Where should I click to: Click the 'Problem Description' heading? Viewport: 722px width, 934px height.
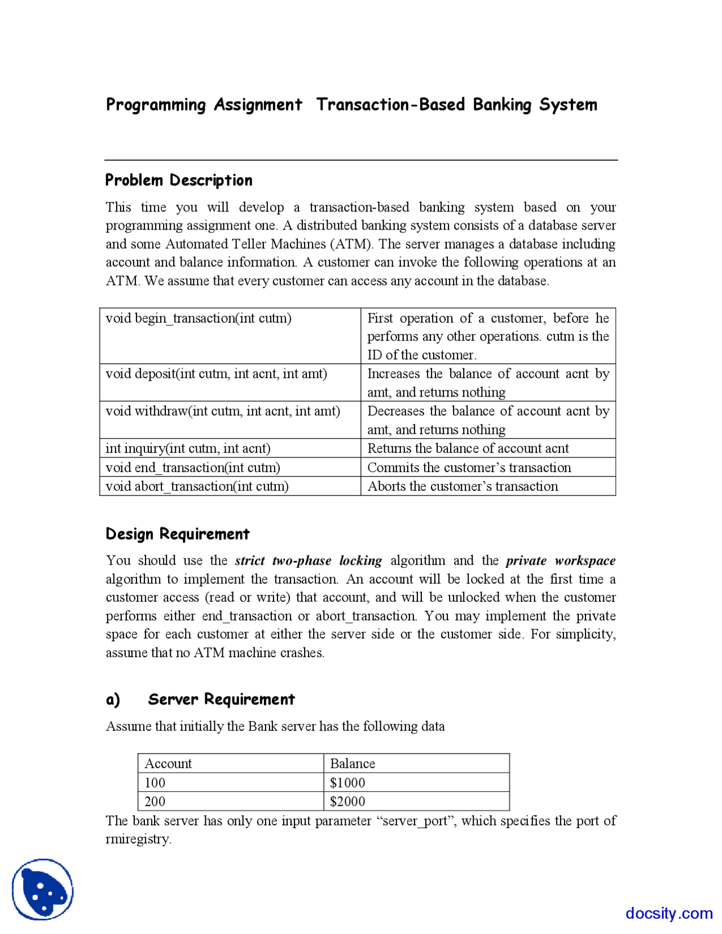pyautogui.click(x=179, y=180)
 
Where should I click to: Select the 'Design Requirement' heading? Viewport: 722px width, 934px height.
pyautogui.click(x=177, y=534)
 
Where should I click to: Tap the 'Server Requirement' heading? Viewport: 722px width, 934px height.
pyautogui.click(x=221, y=699)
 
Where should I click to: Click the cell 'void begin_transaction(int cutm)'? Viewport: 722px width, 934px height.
pyautogui.click(x=199, y=318)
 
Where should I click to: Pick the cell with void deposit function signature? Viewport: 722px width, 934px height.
pyautogui.click(x=216, y=373)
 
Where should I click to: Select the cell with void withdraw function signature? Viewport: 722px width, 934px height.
pyautogui.click(x=223, y=411)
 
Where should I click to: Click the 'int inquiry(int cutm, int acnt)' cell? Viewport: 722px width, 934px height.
pyautogui.click(x=188, y=448)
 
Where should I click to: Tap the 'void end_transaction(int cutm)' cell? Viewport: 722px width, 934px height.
pyautogui.click(x=193, y=468)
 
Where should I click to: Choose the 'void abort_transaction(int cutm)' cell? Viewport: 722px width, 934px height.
pyautogui.click(x=197, y=486)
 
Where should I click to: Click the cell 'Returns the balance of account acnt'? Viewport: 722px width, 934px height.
pyautogui.click(x=468, y=448)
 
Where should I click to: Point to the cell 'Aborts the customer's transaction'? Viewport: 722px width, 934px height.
pyautogui.click(x=463, y=486)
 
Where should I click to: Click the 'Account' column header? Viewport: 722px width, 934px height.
pyautogui.click(x=168, y=764)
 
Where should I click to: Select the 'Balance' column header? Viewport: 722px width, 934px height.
pyautogui.click(x=353, y=764)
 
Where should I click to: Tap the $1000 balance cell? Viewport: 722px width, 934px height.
pyautogui.click(x=347, y=783)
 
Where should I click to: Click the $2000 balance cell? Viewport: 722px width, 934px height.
pyautogui.click(x=347, y=801)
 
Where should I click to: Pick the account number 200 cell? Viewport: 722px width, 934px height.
pyautogui.click(x=155, y=801)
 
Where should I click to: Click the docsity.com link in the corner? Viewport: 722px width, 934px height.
pyautogui.click(x=669, y=913)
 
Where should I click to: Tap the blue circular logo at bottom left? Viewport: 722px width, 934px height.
pyautogui.click(x=42, y=889)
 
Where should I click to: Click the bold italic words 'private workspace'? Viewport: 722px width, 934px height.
pyautogui.click(x=560, y=561)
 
